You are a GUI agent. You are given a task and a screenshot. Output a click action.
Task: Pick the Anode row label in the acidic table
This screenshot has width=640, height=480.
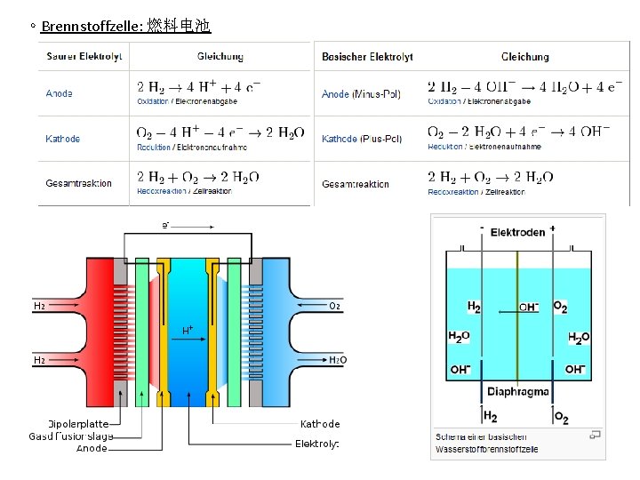coord(60,93)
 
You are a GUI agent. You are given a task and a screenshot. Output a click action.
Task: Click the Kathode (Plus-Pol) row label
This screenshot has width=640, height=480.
coord(362,139)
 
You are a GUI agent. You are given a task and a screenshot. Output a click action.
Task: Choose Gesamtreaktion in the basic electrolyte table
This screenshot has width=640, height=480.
coord(356,184)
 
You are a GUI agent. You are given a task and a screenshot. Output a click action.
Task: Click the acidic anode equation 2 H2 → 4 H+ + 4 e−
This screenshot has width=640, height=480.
coord(199,87)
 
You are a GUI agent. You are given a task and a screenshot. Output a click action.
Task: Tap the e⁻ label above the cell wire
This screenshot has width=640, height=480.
coord(166,225)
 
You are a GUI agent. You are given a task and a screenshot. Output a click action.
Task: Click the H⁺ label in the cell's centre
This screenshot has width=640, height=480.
coord(188,330)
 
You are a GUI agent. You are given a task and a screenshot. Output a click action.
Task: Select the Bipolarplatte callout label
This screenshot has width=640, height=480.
coord(78,424)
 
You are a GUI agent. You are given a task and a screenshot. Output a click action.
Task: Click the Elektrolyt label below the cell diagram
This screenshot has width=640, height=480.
coord(317,444)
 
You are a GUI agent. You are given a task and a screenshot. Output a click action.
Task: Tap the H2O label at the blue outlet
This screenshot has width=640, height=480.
coord(338,360)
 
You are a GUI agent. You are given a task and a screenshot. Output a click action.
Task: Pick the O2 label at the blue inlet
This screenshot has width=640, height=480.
coord(335,306)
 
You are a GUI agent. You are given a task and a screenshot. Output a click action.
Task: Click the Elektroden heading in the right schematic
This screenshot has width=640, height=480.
coord(517,233)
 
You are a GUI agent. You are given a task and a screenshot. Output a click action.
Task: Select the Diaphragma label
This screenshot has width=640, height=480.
coord(517,392)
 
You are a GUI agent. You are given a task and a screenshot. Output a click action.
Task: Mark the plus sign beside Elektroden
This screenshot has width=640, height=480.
coord(553,228)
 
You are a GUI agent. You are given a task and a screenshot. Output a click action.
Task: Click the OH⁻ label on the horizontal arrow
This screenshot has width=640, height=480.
coord(528,307)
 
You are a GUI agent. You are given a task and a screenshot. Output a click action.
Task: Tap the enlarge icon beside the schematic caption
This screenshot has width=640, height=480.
coord(596,435)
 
